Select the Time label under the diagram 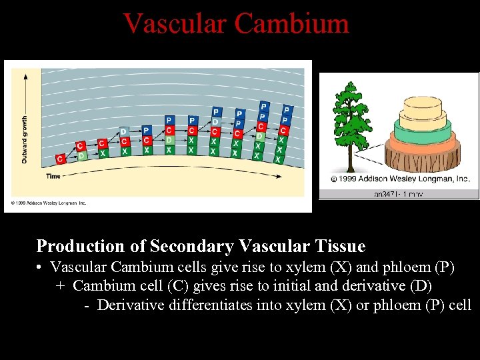53,176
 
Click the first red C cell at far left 61,159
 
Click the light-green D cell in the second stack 81,156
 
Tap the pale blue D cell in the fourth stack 124,131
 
